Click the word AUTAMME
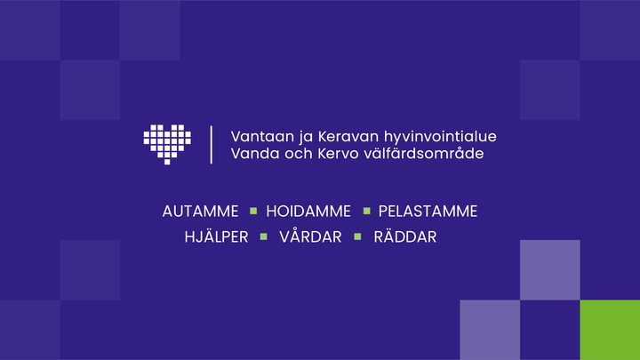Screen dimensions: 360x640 point(201,212)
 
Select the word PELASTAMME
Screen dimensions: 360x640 point(428,212)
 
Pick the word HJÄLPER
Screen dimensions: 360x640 point(216,237)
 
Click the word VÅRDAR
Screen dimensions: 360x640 point(310,237)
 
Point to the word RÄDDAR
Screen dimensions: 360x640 point(405,237)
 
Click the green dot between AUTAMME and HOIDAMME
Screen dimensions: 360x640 point(252,212)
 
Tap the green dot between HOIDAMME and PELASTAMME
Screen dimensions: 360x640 point(365,212)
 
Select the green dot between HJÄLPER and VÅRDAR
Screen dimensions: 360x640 point(263,237)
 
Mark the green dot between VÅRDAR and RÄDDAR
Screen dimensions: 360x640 point(358,237)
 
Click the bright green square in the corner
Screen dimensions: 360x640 point(610,330)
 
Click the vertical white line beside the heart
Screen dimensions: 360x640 point(211,145)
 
